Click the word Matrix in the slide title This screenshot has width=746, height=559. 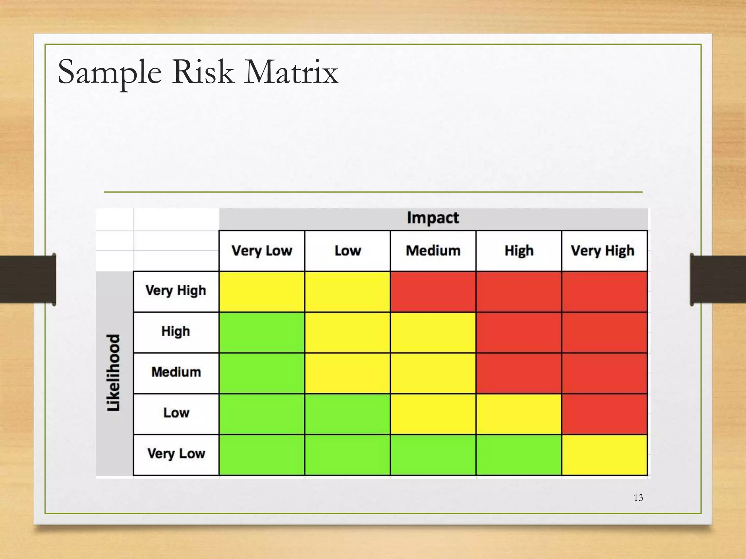pyautogui.click(x=291, y=72)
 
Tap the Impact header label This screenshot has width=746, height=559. pyautogui.click(x=433, y=218)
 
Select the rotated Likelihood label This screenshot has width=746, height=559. pyautogui.click(x=114, y=373)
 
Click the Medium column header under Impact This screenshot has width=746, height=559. pyautogui.click(x=433, y=251)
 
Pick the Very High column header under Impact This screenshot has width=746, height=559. pyautogui.click(x=602, y=251)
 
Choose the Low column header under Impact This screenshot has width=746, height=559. pyautogui.click(x=348, y=251)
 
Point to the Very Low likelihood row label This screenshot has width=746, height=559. pyautogui.click(x=176, y=454)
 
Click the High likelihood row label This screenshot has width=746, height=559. pyautogui.click(x=176, y=332)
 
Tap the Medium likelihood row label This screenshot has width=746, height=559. pyautogui.click(x=176, y=372)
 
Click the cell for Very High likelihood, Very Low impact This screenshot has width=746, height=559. pyautogui.click(x=262, y=292)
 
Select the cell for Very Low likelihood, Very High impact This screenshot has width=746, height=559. pyautogui.click(x=604, y=455)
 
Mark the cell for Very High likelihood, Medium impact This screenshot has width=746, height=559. pyautogui.click(x=433, y=292)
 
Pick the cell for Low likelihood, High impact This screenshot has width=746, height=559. pyautogui.click(x=519, y=414)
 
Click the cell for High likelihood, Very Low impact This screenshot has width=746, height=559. pyautogui.click(x=262, y=332)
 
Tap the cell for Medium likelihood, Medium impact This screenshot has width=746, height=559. pyautogui.click(x=433, y=373)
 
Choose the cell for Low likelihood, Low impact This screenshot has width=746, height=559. pyautogui.click(x=348, y=414)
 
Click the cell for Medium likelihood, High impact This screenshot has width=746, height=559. pyautogui.click(x=519, y=373)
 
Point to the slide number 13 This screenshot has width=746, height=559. pyautogui.click(x=638, y=497)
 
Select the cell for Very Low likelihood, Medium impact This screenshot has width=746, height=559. pyautogui.click(x=433, y=455)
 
